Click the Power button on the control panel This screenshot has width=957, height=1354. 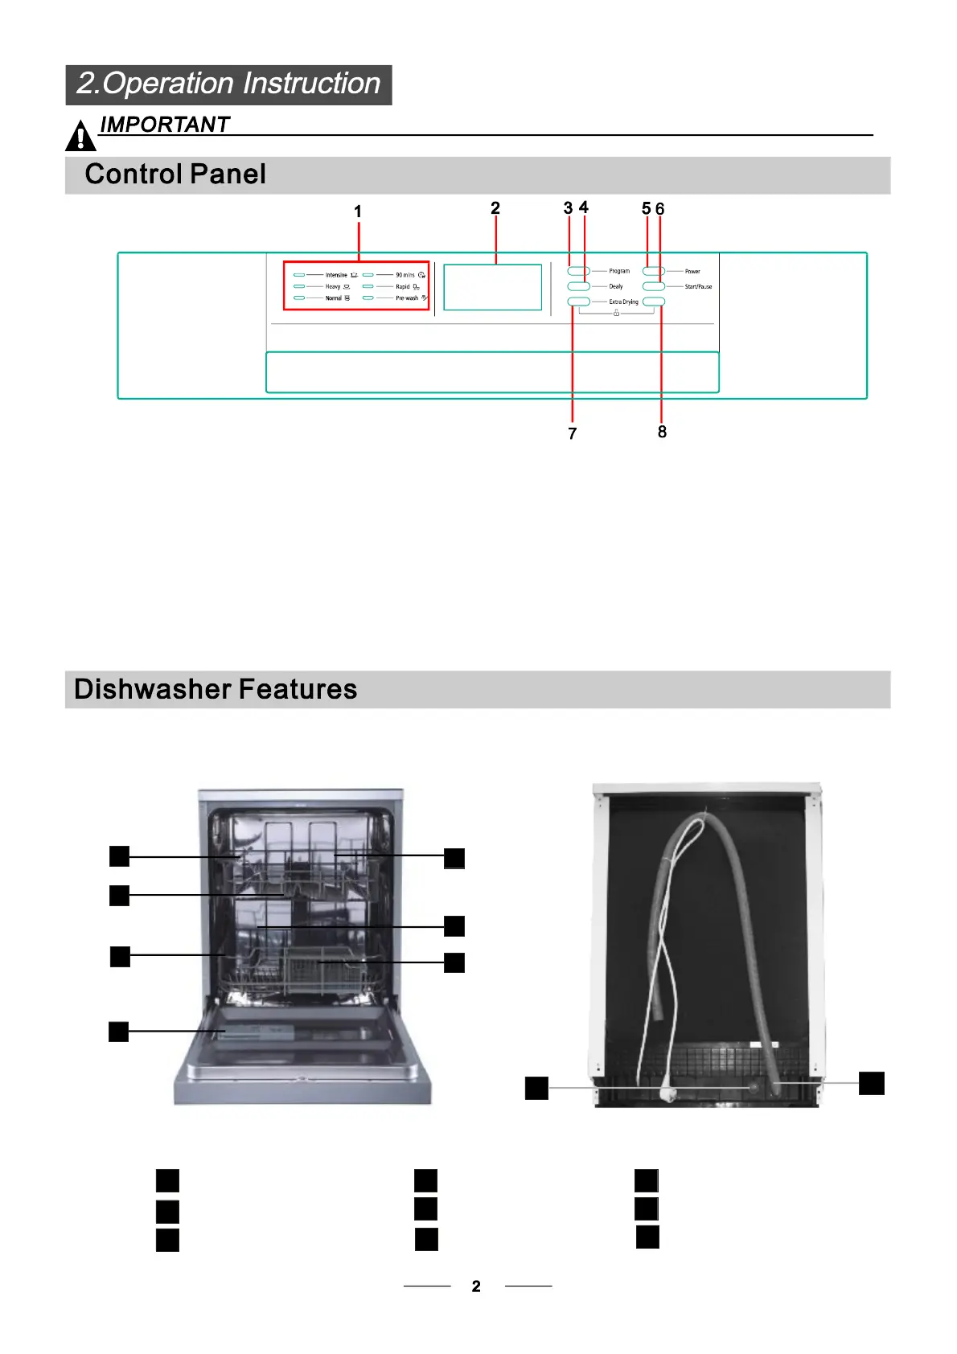pyautogui.click(x=653, y=272)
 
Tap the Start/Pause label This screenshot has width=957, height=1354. pyautogui.click(x=698, y=287)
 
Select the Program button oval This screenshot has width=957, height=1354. pyautogui.click(x=579, y=272)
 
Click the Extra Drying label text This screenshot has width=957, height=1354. pyautogui.click(x=623, y=302)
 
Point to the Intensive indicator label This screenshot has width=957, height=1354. pyautogui.click(x=336, y=275)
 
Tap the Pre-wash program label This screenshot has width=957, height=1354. pyautogui.click(x=407, y=298)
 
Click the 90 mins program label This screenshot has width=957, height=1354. pyautogui.click(x=405, y=275)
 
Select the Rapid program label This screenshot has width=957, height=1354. pyautogui.click(x=403, y=287)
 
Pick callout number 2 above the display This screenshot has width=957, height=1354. pyautogui.click(x=495, y=208)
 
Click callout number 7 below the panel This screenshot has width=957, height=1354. pyautogui.click(x=573, y=434)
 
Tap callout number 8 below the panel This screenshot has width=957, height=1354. pyautogui.click(x=662, y=433)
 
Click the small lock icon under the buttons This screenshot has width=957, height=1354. pyautogui.click(x=616, y=314)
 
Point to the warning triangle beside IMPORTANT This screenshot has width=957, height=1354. pyautogui.click(x=80, y=137)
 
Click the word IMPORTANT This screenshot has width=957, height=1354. pyautogui.click(x=165, y=125)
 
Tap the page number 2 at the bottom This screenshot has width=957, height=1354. pyautogui.click(x=476, y=1286)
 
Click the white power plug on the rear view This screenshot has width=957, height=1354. pyautogui.click(x=664, y=1093)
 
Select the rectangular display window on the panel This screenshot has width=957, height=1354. pyautogui.click(x=493, y=287)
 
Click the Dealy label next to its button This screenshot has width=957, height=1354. pyautogui.click(x=616, y=287)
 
